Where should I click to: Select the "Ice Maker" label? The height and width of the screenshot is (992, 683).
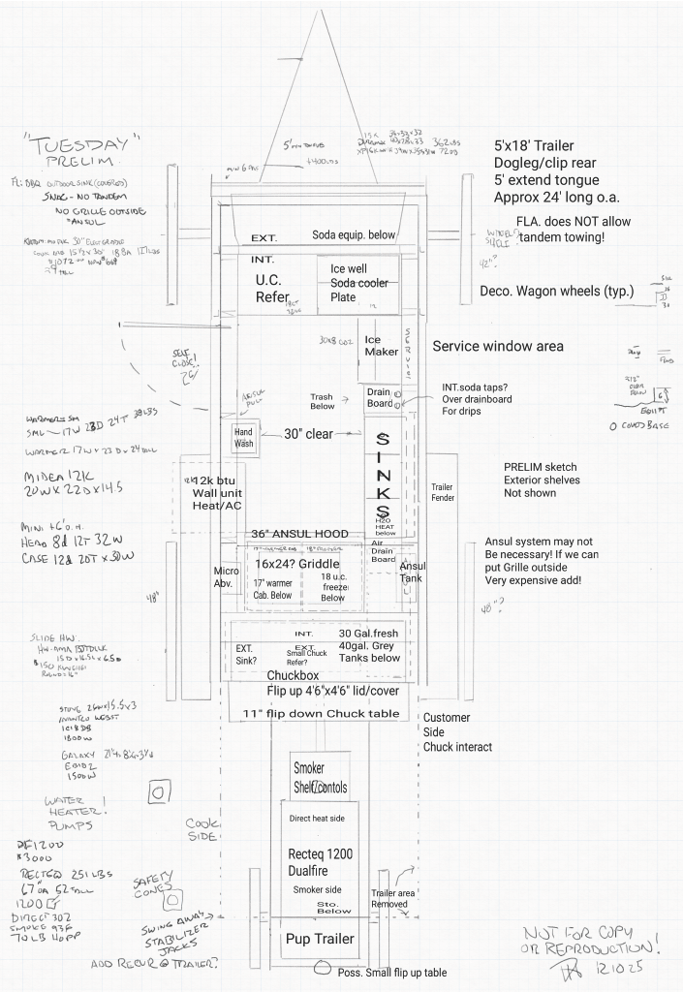(x=381, y=346)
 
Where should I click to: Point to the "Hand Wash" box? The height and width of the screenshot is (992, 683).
(x=242, y=436)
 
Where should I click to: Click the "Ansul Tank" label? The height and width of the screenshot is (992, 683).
(x=413, y=573)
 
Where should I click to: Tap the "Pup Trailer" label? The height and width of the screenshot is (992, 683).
(x=319, y=940)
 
